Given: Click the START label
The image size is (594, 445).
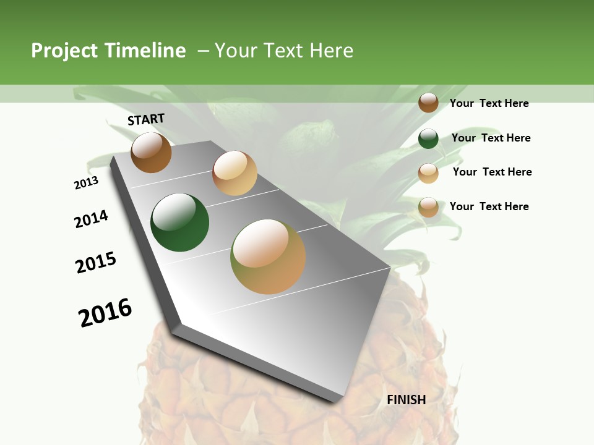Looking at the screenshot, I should (x=146, y=119).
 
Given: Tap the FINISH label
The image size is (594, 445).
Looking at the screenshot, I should (x=406, y=400).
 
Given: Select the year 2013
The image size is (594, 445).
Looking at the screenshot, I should (x=87, y=183).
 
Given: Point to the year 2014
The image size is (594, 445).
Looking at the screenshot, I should (x=91, y=219).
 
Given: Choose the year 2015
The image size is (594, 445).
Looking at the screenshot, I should (x=96, y=263).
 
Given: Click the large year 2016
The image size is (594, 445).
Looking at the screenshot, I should (x=105, y=313).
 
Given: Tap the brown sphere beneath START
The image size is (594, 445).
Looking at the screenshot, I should (x=151, y=153).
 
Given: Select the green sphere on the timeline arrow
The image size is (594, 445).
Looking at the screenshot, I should (x=179, y=222).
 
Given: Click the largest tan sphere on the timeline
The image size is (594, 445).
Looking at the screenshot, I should (x=268, y=256).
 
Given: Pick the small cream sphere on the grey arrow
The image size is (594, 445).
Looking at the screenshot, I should (x=235, y=173).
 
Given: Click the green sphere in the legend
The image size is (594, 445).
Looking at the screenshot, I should (x=428, y=138).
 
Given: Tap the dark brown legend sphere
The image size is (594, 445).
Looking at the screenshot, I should (x=428, y=103).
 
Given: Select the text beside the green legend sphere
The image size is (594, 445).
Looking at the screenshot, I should (x=491, y=138).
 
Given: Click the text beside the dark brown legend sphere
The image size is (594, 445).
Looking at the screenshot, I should (x=489, y=103).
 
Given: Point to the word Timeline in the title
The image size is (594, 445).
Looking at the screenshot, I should (x=145, y=51).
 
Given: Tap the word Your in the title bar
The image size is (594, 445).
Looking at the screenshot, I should (x=235, y=51).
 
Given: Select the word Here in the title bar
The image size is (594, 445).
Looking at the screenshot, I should (x=331, y=51).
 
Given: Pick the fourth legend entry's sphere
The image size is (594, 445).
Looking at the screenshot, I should (x=428, y=208).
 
